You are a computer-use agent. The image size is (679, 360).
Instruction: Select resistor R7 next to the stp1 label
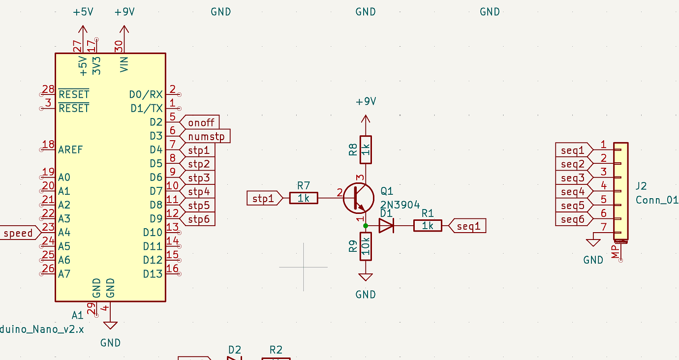304,198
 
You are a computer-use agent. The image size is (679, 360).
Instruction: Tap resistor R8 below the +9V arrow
365,150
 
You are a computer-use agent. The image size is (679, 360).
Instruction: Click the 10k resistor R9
365,246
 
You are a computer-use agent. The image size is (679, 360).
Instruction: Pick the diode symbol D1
386,226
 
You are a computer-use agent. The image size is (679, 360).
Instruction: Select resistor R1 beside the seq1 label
427,226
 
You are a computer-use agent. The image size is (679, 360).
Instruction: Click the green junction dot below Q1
365,226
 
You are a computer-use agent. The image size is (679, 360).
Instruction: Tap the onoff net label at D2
201,122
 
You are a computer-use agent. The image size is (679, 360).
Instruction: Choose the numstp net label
206,136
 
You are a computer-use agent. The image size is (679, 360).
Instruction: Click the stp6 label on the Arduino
199,219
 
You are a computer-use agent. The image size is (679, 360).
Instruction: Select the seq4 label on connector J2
573,191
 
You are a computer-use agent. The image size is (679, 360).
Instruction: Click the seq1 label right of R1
468,226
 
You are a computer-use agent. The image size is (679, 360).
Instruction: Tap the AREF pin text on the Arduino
70,150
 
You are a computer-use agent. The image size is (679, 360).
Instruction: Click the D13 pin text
153,274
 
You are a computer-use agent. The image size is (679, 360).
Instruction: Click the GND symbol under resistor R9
365,278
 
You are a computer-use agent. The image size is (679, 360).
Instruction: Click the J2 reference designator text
641,186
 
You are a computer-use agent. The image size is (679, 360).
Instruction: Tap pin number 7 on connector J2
603,227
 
